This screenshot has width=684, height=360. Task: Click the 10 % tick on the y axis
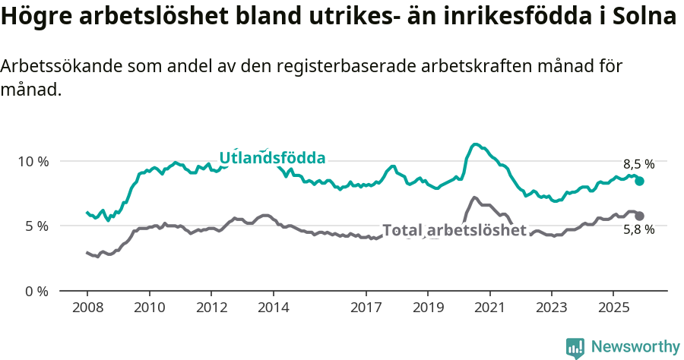(x=33, y=162)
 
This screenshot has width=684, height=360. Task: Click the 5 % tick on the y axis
(x=36, y=226)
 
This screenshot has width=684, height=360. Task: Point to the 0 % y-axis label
(x=36, y=291)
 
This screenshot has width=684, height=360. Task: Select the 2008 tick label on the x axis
(x=87, y=308)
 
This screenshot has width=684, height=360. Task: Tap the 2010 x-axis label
(x=149, y=308)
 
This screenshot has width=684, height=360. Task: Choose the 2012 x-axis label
(x=211, y=308)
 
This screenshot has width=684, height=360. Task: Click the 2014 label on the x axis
(x=273, y=308)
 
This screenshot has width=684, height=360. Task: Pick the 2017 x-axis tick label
(x=366, y=308)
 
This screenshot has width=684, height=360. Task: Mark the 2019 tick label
(x=428, y=308)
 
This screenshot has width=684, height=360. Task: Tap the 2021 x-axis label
(x=489, y=308)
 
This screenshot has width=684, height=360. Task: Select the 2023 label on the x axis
(x=552, y=308)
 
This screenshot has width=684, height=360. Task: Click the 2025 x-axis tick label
(x=613, y=308)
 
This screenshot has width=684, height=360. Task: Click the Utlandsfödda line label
(x=272, y=158)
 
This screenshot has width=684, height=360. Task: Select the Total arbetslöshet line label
(x=454, y=230)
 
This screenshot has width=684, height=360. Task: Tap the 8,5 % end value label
(x=638, y=164)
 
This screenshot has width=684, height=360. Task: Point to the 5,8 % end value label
(x=638, y=229)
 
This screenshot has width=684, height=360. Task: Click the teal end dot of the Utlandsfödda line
(x=640, y=181)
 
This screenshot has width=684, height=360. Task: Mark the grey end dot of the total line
(x=640, y=216)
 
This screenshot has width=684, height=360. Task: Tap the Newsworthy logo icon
(x=575, y=348)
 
